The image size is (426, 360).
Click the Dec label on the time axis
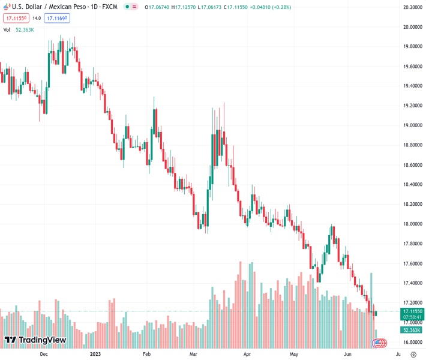[x=43, y=354]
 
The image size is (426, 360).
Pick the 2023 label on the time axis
[x=96, y=354]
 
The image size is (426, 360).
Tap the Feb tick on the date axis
[x=146, y=354]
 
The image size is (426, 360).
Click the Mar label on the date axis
[x=193, y=354]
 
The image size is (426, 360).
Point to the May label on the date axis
[x=294, y=354]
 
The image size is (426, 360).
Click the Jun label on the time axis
[x=347, y=354]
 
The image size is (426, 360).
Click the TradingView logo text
[x=42, y=340]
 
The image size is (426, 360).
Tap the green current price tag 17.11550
[x=413, y=312]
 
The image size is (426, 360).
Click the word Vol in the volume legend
[x=8, y=29]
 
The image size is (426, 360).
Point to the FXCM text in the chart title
[x=109, y=7]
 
